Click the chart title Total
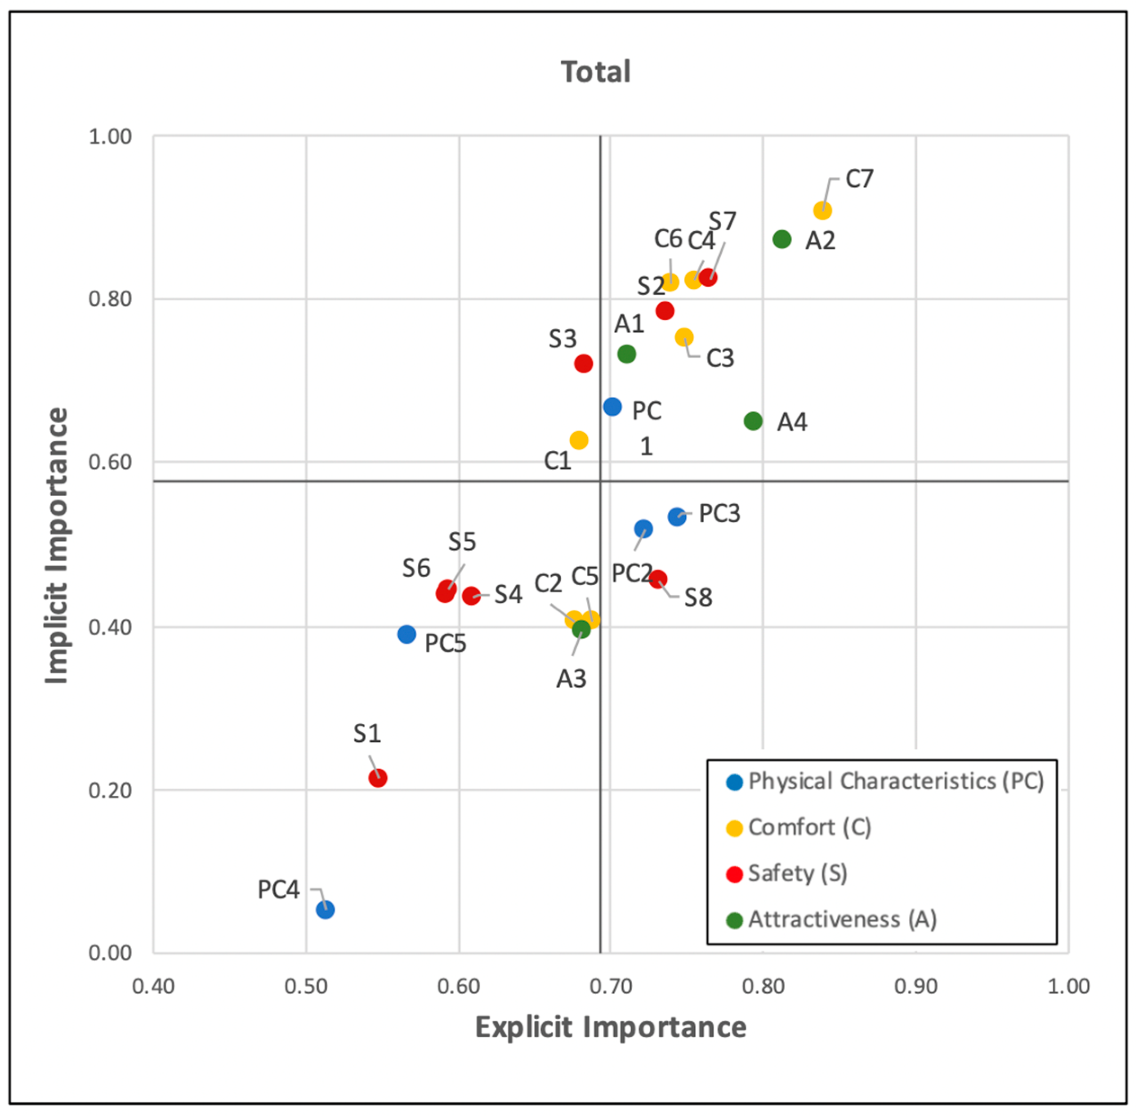596,72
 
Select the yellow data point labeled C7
822,211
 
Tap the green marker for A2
782,239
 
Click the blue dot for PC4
325,910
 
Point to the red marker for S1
378,778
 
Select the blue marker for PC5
406,634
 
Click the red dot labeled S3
584,363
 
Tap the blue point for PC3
677,516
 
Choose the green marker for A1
626,354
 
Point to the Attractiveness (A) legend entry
841,919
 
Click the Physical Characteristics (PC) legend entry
895,781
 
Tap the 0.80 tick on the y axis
110,299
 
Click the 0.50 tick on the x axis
306,986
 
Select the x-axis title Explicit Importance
611,1027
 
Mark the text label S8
698,598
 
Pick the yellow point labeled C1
578,440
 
